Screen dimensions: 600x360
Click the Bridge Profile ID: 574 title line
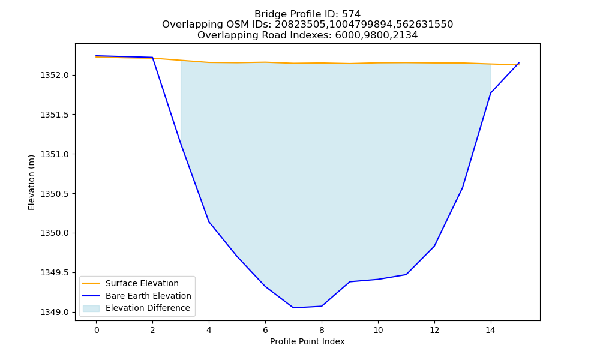pos(307,14)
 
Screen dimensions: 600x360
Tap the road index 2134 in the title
pos(404,35)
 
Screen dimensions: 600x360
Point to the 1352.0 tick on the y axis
pos(55,76)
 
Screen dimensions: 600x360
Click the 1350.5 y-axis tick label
pos(55,194)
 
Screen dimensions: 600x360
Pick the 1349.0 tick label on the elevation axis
pos(55,313)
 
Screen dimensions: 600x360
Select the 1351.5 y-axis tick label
pos(55,115)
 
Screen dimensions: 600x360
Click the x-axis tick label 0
pos(97,330)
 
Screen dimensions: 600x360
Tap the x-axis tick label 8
pos(322,330)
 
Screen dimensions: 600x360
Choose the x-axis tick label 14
pos(491,330)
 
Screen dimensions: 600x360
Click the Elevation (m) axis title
pos(31,182)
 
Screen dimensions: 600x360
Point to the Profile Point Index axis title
pos(307,341)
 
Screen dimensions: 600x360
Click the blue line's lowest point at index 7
pos(293,308)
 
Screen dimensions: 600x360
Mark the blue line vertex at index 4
pos(209,221)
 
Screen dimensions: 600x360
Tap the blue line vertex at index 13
pos(462,188)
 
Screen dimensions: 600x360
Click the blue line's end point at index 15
pos(519,63)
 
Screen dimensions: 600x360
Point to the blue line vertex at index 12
pos(434,246)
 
